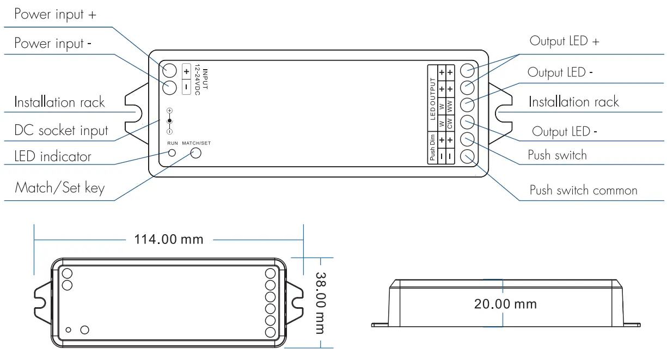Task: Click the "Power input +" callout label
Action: point(55,15)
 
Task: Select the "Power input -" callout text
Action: point(52,44)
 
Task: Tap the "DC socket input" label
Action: point(61,131)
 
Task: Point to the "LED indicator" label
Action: point(53,157)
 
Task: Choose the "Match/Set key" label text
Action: point(59,188)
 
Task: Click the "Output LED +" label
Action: point(564,41)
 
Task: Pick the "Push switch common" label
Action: point(583,191)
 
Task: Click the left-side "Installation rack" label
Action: point(59,102)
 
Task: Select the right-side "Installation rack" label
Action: point(574,102)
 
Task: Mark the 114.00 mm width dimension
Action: point(168,239)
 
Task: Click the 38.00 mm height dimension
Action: point(320,302)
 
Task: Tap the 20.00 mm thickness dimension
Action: point(505,304)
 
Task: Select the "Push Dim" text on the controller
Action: point(432,148)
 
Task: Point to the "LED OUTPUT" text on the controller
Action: point(433,99)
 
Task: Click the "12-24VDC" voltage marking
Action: point(198,80)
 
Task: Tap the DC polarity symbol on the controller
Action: point(169,120)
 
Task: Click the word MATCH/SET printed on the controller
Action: point(196,143)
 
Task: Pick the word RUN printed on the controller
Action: point(172,143)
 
